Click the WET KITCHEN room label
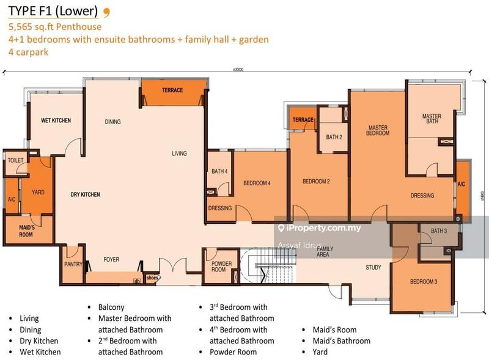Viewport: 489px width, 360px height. [56, 120]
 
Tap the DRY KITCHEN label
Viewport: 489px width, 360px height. [85, 195]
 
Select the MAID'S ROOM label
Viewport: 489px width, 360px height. [26, 231]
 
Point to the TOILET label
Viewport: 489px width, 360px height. [15, 160]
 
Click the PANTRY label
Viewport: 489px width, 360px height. [73, 265]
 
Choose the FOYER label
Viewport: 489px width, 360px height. [111, 260]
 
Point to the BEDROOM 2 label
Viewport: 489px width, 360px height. [316, 182]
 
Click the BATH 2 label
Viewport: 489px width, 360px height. [334, 138]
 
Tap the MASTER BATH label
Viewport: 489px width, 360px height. [432, 119]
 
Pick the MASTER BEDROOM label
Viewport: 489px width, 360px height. [378, 130]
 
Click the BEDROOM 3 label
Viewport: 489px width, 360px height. [423, 282]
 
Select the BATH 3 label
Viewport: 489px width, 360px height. [439, 231]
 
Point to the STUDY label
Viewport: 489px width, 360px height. [373, 268]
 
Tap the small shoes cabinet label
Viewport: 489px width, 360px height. [152, 277]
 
